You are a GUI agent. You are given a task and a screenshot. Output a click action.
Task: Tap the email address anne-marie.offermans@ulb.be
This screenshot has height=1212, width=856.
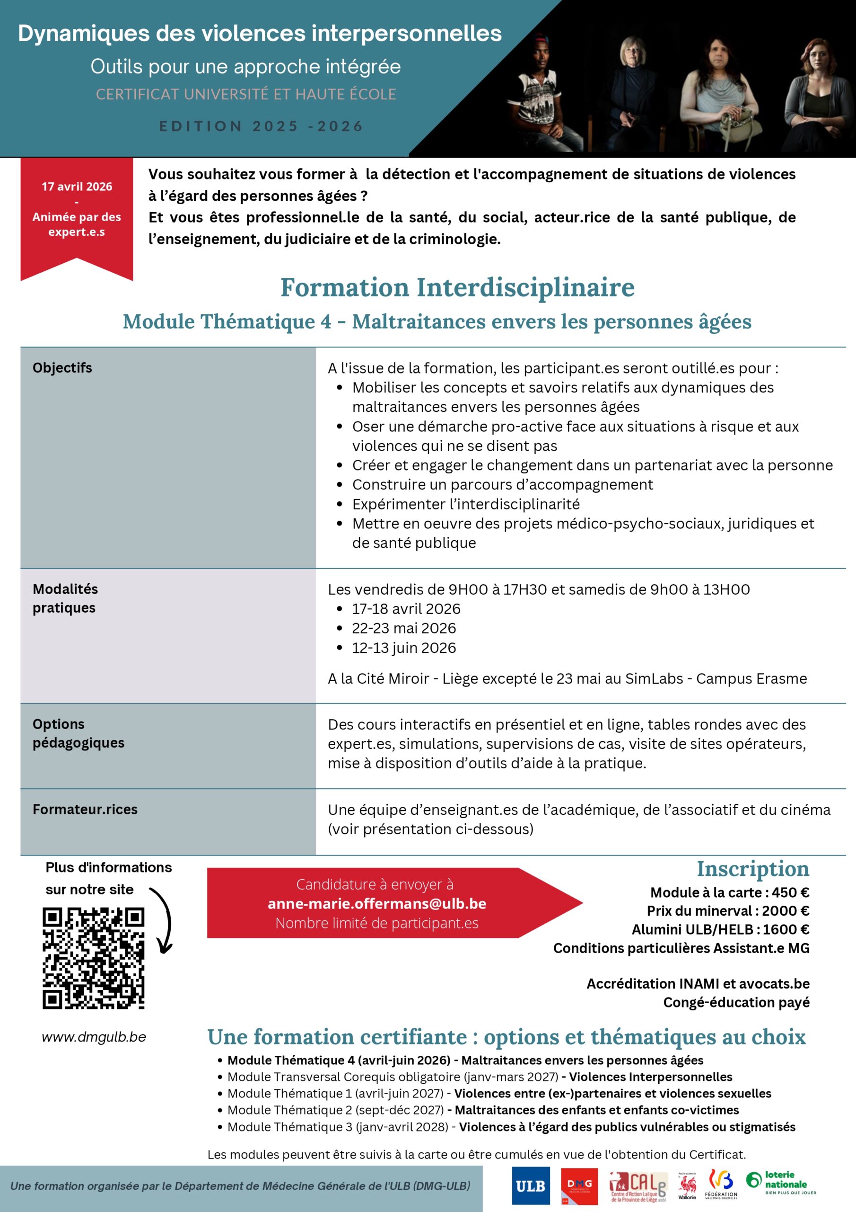tap(376, 904)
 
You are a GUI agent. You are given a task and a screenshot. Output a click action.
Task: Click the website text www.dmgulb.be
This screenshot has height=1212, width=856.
tap(94, 1037)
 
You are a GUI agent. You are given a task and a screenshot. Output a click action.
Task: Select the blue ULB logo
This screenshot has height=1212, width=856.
tap(530, 1186)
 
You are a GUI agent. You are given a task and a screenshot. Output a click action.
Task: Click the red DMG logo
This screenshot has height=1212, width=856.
tap(579, 1186)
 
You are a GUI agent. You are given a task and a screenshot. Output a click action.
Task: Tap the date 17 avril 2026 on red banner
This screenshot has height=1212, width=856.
tap(77, 187)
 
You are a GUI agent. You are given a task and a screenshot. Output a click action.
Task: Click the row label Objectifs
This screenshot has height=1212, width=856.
tap(62, 368)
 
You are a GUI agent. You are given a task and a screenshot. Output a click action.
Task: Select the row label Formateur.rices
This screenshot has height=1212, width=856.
tap(85, 809)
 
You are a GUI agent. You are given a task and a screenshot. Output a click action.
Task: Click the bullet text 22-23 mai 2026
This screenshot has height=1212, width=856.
tap(404, 628)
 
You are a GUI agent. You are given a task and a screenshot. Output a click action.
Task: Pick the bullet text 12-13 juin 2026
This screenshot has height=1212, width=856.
tap(404, 648)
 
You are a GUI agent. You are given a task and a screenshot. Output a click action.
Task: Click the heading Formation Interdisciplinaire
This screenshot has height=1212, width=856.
tap(457, 288)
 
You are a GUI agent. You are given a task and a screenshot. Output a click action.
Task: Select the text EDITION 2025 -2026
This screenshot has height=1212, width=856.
tap(262, 126)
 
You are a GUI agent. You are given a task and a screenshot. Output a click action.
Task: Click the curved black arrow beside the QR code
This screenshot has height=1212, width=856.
tap(164, 921)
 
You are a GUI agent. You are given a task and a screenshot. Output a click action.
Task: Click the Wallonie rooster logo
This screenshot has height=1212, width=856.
tap(687, 1186)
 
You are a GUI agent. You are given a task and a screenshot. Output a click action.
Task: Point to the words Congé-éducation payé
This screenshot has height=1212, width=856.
tap(736, 1002)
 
